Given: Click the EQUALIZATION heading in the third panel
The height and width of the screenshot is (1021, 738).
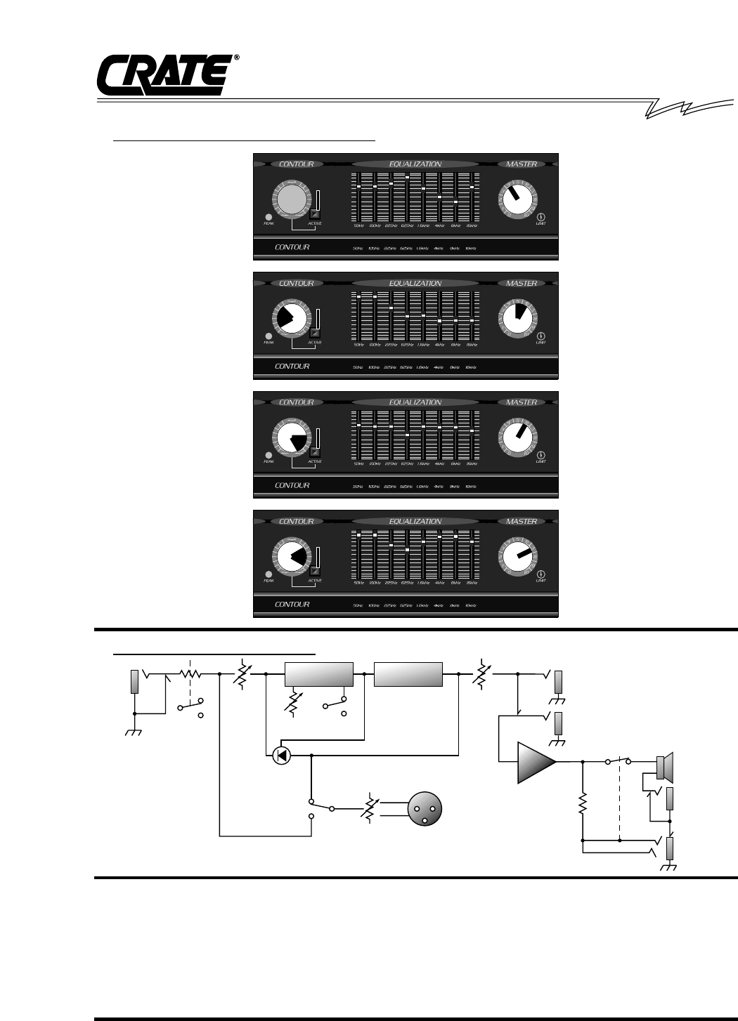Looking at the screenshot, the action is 415,402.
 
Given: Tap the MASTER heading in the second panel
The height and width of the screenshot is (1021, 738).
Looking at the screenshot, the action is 522,284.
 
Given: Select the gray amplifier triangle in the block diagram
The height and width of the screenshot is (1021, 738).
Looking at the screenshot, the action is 535,761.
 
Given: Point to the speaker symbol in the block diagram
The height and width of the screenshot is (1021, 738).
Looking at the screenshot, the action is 664,768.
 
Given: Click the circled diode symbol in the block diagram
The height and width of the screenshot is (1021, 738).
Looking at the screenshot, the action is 280,756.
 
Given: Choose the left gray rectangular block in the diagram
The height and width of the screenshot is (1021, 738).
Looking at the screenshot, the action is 318,673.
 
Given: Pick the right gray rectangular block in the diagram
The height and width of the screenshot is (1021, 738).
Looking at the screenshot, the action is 408,673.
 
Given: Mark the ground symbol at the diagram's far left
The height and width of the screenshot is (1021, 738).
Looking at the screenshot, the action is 134,732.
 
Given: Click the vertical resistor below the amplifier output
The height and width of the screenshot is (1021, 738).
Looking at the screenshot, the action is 583,805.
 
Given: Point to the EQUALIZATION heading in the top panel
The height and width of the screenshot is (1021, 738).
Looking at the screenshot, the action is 415,164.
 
